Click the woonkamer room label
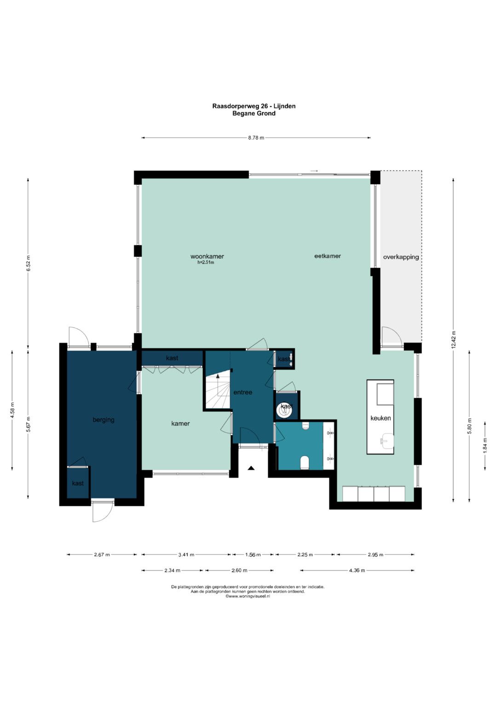[207, 257]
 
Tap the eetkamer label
[328, 256]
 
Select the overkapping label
[401, 257]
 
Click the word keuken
[381, 418]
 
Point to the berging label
[104, 420]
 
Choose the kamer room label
[180, 423]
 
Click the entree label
[243, 392]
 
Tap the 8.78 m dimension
[256, 137]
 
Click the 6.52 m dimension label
[29, 263]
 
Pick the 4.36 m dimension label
[357, 571]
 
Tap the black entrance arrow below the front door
[251, 468]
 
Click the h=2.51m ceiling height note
[206, 263]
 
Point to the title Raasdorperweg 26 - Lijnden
[254, 106]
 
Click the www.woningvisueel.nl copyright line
[248, 596]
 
